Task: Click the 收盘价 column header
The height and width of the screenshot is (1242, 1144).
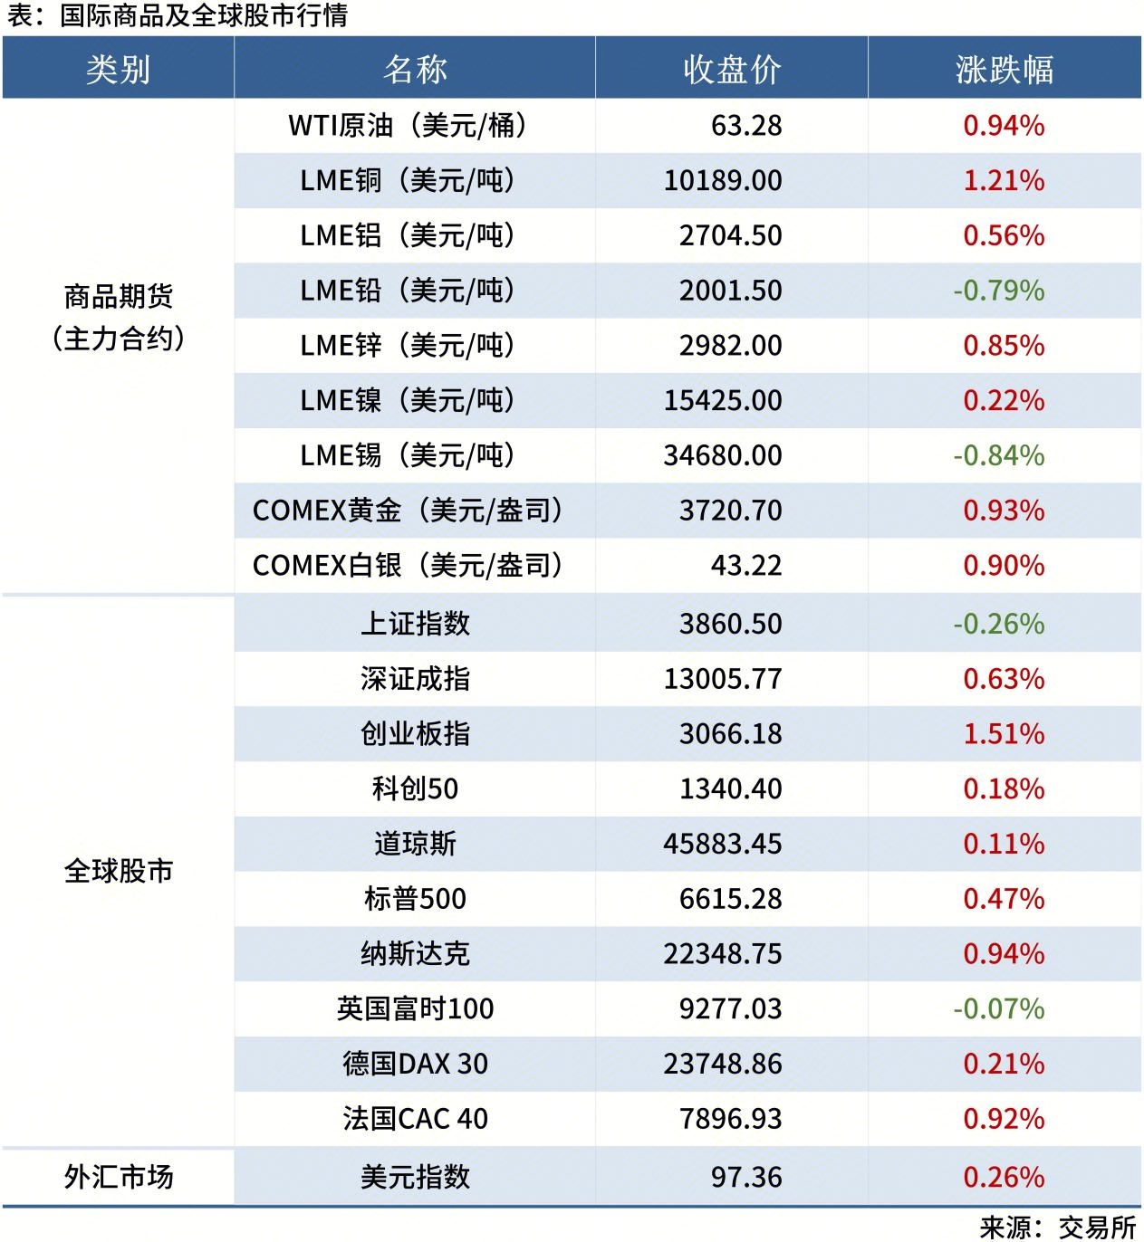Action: point(732,69)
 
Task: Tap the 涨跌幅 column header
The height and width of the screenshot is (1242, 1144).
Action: point(1004,69)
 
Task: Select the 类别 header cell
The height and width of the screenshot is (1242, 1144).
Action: point(118,69)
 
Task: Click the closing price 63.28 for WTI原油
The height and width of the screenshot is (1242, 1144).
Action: point(745,126)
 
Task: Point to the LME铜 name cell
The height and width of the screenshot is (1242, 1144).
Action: point(408,181)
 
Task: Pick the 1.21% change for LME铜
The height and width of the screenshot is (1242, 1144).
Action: point(1004,181)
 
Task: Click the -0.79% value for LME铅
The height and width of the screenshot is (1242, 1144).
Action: point(998,291)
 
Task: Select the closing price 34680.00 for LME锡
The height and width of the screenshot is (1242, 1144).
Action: point(722,455)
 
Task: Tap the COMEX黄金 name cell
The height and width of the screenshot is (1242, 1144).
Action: point(408,511)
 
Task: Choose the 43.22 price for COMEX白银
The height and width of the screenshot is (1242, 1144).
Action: point(745,566)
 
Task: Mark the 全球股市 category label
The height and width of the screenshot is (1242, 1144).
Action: point(118,871)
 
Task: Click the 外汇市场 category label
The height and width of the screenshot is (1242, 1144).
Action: point(118,1177)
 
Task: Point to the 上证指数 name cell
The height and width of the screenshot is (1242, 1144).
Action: point(415,624)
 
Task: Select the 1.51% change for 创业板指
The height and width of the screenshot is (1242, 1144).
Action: point(1004,734)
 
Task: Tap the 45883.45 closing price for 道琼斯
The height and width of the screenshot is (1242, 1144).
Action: point(722,844)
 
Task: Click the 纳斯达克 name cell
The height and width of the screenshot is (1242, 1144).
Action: point(415,954)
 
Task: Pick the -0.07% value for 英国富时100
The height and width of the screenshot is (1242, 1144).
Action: point(998,1008)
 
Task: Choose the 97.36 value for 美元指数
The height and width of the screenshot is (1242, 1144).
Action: point(745,1177)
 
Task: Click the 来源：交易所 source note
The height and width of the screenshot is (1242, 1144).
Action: point(1057,1227)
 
